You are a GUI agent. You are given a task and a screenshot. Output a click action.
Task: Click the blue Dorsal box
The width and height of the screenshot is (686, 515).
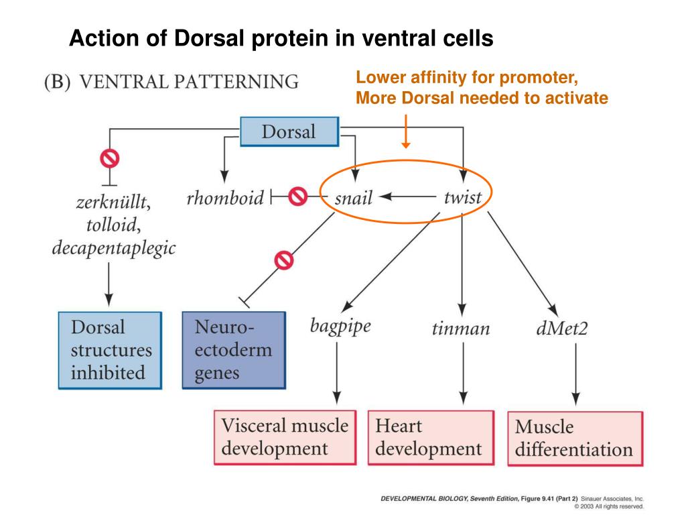click(x=289, y=131)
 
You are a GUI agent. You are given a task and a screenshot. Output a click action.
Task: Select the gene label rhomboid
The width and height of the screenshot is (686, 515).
click(x=225, y=198)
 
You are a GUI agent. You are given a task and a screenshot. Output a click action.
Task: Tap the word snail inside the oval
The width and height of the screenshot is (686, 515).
click(x=353, y=198)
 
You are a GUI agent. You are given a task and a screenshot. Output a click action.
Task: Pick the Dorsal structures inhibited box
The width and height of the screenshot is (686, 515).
click(x=110, y=350)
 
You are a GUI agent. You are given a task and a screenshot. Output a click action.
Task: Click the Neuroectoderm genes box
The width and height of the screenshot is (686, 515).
click(x=233, y=350)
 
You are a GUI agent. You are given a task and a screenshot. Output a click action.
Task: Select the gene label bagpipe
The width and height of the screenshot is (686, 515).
click(x=340, y=326)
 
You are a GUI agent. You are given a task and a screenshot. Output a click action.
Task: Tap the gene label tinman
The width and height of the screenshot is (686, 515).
click(x=461, y=329)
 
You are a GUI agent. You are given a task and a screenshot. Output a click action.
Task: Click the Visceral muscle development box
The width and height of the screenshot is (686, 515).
click(x=285, y=436)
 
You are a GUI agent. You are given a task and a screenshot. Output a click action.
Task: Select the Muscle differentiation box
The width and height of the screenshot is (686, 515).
click(x=575, y=437)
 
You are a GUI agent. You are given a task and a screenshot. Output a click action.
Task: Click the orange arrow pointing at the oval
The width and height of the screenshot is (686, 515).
click(x=405, y=131)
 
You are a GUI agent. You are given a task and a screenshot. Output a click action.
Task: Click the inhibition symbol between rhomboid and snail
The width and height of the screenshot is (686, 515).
click(x=297, y=197)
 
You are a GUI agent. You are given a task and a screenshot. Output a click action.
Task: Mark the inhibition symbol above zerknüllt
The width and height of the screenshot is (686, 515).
click(x=109, y=158)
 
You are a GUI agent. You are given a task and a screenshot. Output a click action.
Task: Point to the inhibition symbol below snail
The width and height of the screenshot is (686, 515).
click(x=285, y=259)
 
